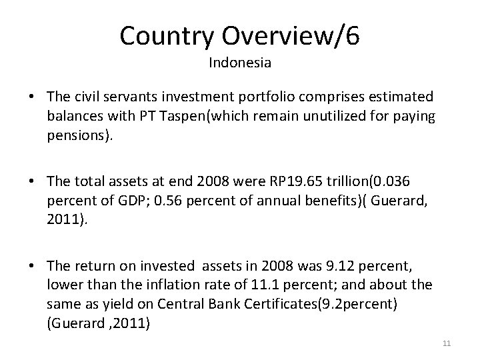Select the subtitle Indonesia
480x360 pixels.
click(x=239, y=63)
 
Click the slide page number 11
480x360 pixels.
click(x=447, y=343)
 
